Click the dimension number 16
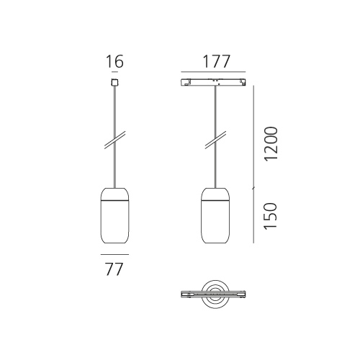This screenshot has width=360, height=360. click(x=114, y=61)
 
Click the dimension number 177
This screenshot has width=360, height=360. click(x=217, y=61)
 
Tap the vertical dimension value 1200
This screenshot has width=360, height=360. click(x=271, y=143)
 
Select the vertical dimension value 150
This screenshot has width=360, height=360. click(x=271, y=216)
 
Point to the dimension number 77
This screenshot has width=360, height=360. click(x=114, y=269)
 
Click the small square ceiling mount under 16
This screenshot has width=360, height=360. click(x=114, y=82)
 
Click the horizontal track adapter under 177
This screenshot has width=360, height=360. click(x=213, y=82)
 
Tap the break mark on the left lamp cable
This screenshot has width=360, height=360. click(x=114, y=140)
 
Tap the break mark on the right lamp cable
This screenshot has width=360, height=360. click(x=215, y=140)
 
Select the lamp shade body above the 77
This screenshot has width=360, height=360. click(x=114, y=222)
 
